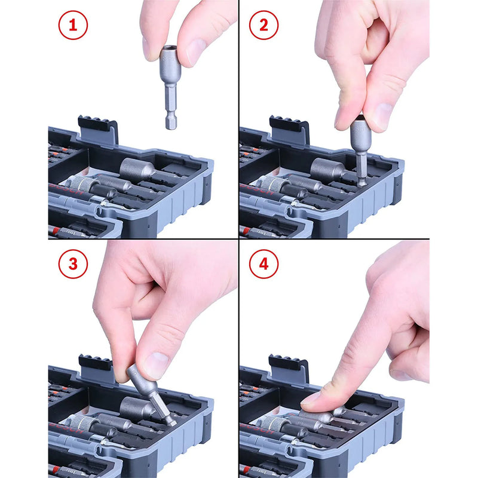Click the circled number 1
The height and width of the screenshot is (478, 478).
(x=73, y=26)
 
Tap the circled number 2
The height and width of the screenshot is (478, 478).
(x=263, y=26)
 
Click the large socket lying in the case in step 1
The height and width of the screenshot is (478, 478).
(x=138, y=168)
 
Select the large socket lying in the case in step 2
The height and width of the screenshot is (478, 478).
(x=329, y=169)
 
